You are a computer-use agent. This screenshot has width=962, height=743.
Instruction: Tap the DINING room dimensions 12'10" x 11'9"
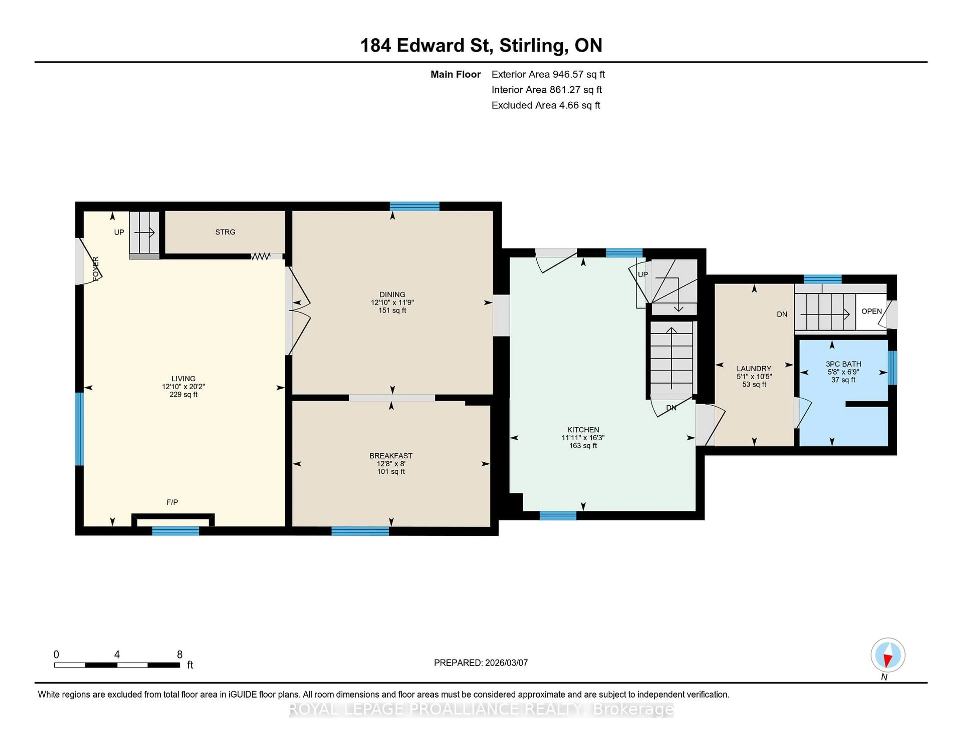coord(392,302)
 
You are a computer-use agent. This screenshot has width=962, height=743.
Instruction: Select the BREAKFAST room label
coord(391,456)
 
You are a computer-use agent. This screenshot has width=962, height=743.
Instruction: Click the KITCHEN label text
coord(583,430)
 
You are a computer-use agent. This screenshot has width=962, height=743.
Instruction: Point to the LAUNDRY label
coord(754,368)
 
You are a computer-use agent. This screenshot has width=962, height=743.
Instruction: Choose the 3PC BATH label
coord(843,364)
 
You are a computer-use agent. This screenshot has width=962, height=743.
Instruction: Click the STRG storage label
coord(225,232)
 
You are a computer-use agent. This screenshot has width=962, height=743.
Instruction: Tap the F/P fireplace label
coord(172,502)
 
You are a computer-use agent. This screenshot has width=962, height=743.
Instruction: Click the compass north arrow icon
coord(888,655)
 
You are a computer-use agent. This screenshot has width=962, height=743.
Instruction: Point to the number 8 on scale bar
coord(179,655)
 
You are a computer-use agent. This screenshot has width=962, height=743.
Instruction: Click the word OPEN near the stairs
coord(871,311)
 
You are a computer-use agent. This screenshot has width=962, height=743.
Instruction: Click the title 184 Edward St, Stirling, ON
coord(481,45)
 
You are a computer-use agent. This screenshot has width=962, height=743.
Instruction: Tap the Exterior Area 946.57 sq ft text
coord(548,74)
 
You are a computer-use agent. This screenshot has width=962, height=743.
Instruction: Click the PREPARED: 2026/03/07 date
coord(480,662)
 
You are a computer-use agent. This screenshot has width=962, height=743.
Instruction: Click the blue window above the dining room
coord(415,206)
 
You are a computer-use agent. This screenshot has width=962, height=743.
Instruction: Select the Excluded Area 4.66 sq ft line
coord(545,105)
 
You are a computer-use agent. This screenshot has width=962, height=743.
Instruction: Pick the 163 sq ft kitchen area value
coord(583,445)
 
